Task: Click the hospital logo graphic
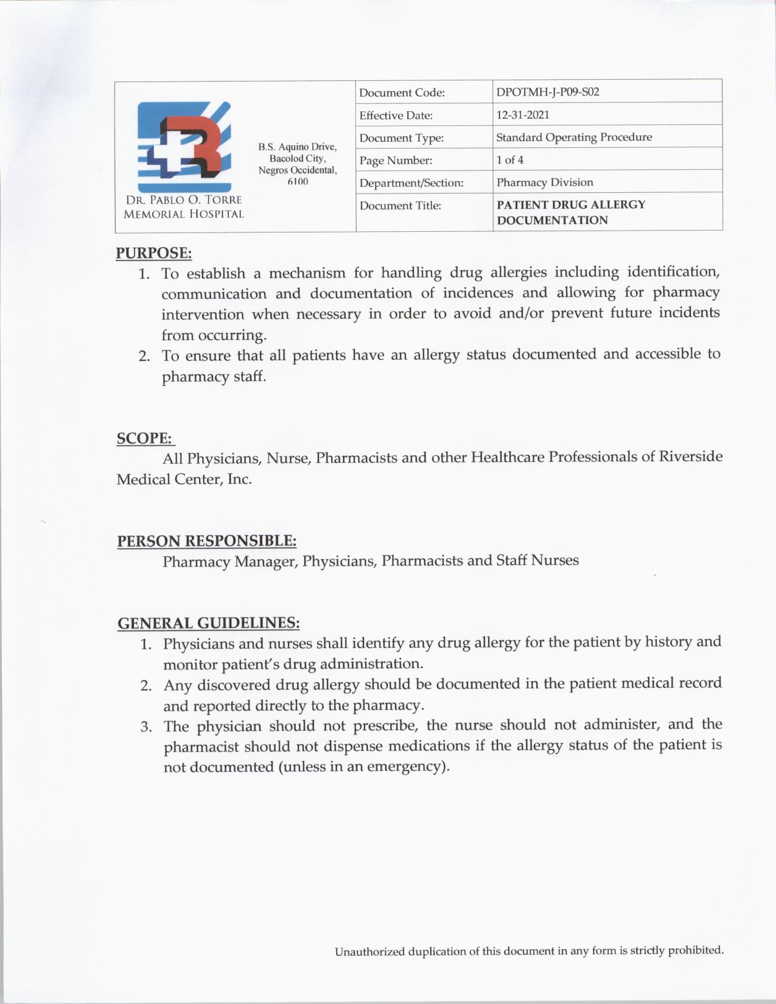click(x=184, y=146)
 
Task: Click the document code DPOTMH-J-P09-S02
click(x=548, y=92)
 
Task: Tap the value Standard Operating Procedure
click(x=574, y=137)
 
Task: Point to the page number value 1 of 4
click(x=510, y=159)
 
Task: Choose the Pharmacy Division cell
click(x=545, y=182)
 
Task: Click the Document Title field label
click(x=400, y=205)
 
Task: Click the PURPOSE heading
click(x=154, y=253)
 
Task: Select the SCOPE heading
click(x=144, y=438)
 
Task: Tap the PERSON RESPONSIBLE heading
click(x=206, y=540)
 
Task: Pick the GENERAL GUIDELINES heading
click(x=208, y=623)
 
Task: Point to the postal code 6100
click(x=297, y=181)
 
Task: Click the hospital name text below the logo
click(x=184, y=207)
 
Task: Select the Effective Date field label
click(x=396, y=115)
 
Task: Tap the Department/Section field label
click(x=411, y=183)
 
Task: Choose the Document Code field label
click(x=402, y=92)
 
